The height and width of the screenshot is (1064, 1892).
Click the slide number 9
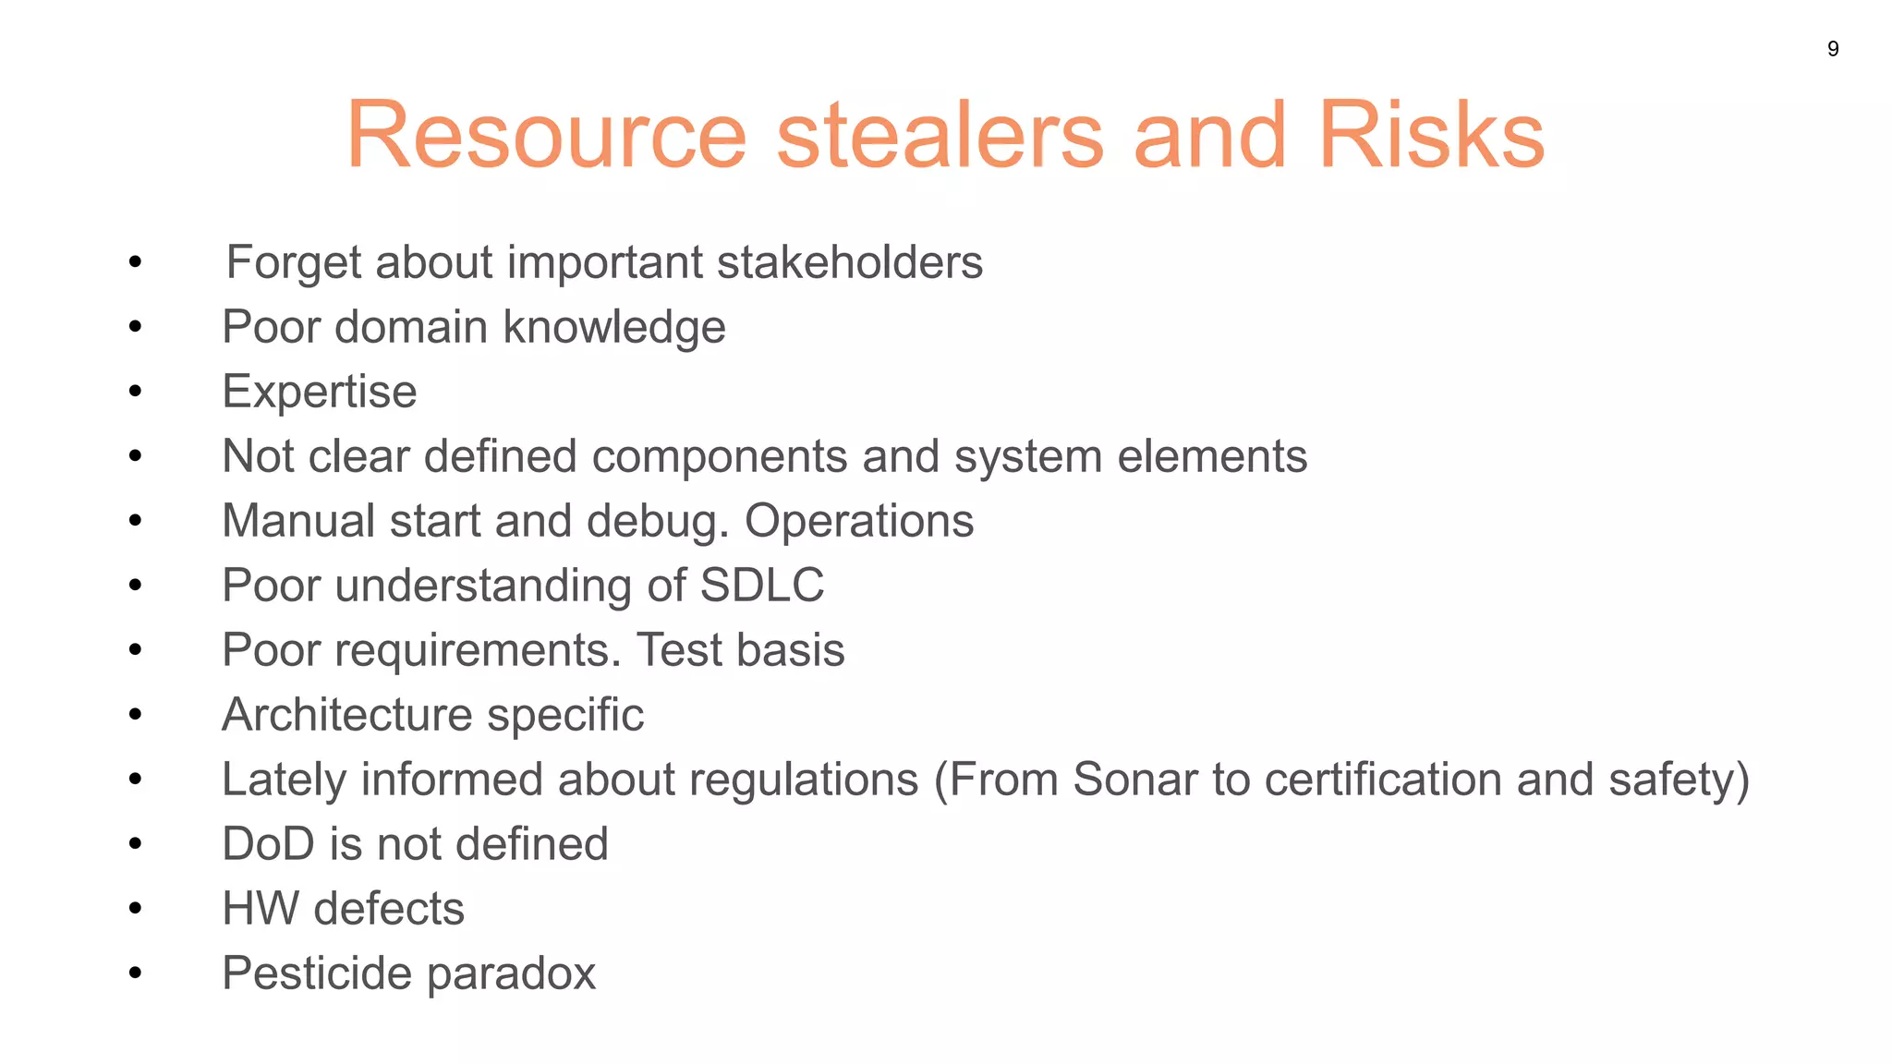coord(1833,49)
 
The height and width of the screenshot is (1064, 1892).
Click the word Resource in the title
coord(546,136)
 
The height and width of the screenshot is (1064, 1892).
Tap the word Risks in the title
coord(1431,136)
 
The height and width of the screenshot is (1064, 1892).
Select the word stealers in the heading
coord(940,136)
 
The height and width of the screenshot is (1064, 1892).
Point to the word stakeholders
coord(849,262)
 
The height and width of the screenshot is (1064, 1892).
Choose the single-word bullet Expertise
coord(320,393)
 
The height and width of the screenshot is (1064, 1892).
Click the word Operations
coord(859,521)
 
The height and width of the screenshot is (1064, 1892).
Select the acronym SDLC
coord(762,586)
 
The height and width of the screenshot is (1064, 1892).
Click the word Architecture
coord(347,715)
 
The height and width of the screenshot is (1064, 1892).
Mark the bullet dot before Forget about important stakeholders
coord(136,262)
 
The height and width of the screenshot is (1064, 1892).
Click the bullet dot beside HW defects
coord(136,909)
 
